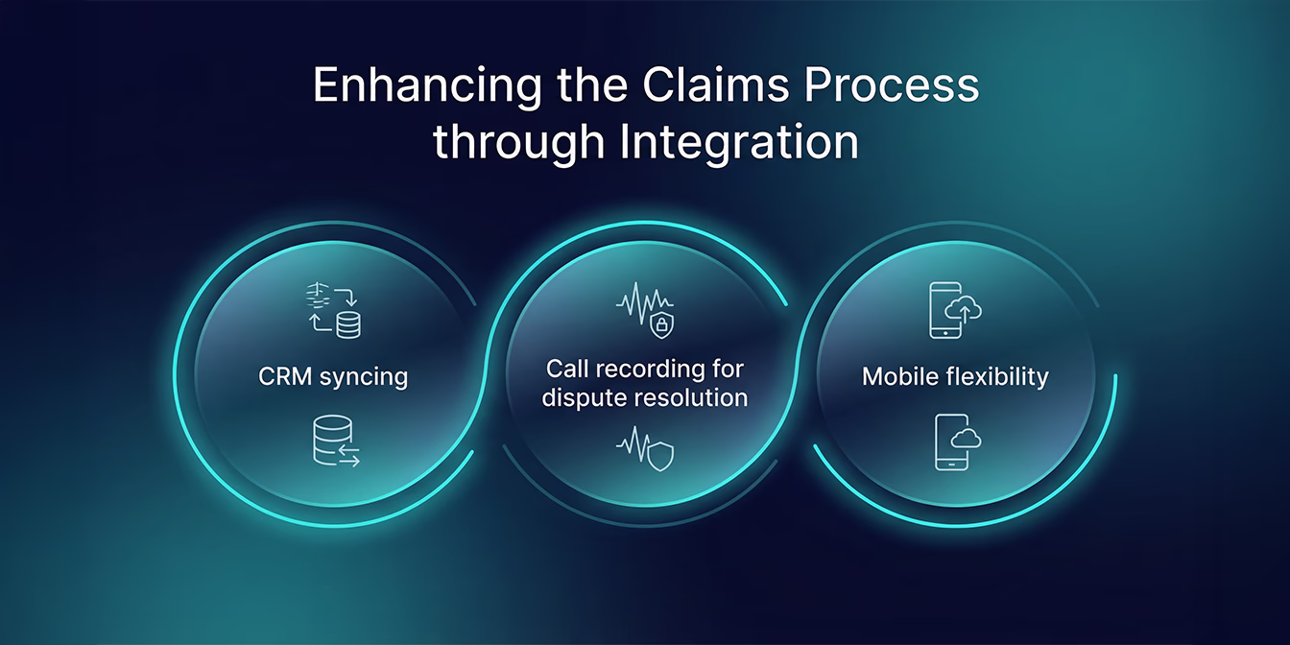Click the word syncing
point(366,377)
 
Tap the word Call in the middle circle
point(566,369)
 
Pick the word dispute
point(585,397)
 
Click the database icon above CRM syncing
point(347,323)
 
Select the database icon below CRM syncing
point(328,440)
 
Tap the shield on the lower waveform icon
point(659,456)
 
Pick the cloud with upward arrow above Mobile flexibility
point(963,309)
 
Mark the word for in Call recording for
point(728,369)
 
